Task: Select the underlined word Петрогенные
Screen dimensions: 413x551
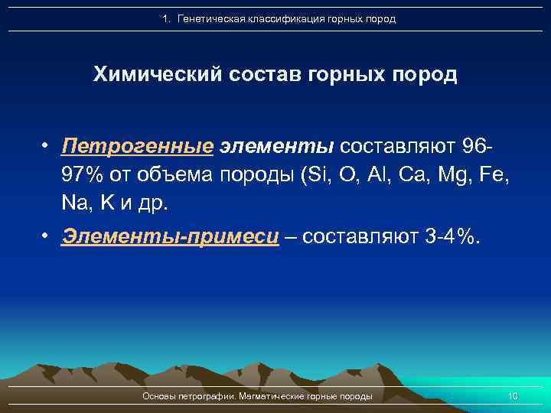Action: click(x=138, y=145)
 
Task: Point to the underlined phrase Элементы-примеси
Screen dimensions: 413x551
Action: click(x=170, y=237)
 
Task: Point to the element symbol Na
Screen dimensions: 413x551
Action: click(x=76, y=203)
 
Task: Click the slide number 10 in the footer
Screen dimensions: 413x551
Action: click(x=512, y=396)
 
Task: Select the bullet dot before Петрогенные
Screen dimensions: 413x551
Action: click(x=47, y=145)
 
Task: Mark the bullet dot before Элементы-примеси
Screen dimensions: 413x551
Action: click(x=47, y=237)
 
